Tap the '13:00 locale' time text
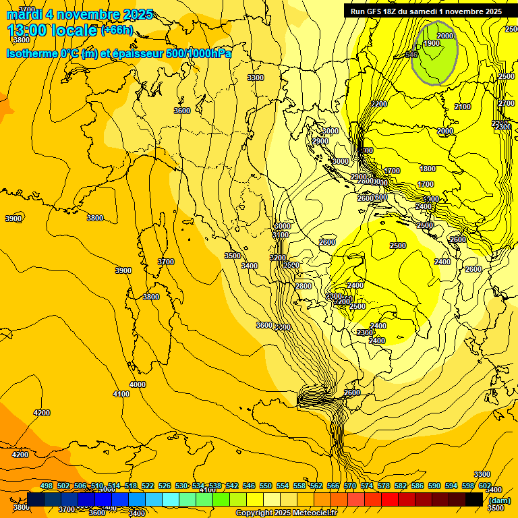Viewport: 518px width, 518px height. click(x=52, y=30)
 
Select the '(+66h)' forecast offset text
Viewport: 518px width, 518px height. click(x=117, y=30)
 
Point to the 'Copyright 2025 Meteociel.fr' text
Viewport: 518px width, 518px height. click(x=286, y=513)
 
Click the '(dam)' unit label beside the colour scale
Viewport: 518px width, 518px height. click(x=500, y=500)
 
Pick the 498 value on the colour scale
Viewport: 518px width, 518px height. click(x=47, y=486)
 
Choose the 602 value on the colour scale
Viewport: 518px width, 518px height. click(x=485, y=486)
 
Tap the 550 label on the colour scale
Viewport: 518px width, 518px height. click(x=266, y=486)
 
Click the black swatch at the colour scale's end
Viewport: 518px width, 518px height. click(x=474, y=499)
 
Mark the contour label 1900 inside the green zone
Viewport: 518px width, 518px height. click(x=432, y=43)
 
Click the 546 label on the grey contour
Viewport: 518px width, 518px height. click(x=411, y=54)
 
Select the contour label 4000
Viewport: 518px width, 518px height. click(x=138, y=384)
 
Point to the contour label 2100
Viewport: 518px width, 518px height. click(x=463, y=107)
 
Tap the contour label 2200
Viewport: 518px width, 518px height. click(x=379, y=104)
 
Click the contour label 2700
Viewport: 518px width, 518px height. click(x=507, y=103)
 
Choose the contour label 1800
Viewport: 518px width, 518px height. click(x=428, y=169)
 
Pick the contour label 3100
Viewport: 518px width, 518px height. click(x=281, y=235)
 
